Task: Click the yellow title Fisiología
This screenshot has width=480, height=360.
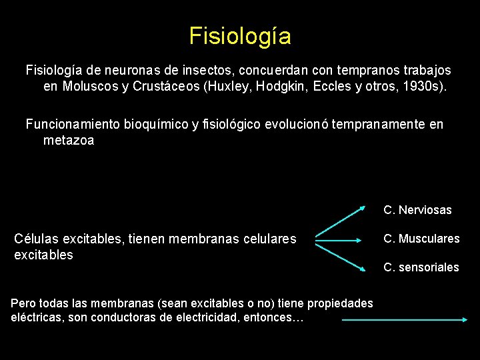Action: coord(240,35)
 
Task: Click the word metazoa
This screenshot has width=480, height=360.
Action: coord(69,141)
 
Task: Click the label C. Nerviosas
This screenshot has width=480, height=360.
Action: coord(417,210)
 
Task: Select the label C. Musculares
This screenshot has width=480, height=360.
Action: coord(421,239)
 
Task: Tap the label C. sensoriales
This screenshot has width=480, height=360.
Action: coord(421,267)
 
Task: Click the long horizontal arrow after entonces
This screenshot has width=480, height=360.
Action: coord(404,320)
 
